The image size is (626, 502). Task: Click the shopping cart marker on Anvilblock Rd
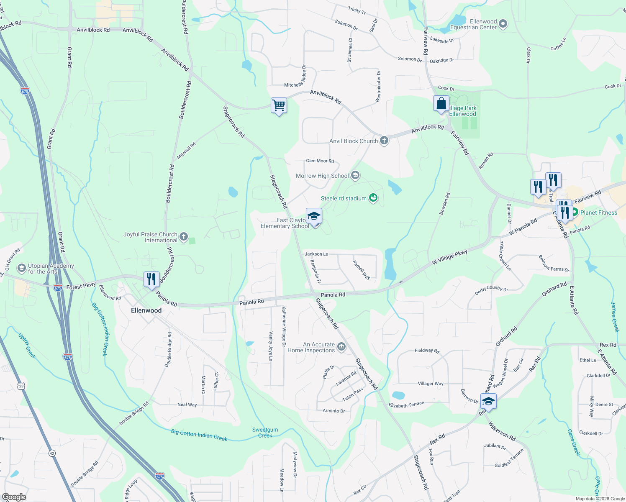[279, 105]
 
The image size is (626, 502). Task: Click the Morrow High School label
[322, 176]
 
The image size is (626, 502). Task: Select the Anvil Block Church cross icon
[384, 141]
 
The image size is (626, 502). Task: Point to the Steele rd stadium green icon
[373, 198]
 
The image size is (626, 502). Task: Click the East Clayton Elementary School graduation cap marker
[314, 216]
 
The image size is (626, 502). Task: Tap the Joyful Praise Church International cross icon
[183, 237]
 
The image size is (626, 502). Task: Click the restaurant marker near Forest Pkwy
[151, 279]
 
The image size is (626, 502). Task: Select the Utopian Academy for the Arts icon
[21, 268]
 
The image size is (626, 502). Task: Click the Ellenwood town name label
[146, 310]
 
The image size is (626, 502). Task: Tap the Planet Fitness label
[598, 213]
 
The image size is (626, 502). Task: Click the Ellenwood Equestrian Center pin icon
[503, 24]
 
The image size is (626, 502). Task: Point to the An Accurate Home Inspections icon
[341, 347]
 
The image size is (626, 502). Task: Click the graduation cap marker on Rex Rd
[488, 401]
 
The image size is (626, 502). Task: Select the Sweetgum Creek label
[265, 433]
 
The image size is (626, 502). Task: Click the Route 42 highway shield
[52, 453]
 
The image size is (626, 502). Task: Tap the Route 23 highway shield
[21, 386]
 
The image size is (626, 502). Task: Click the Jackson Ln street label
[316, 254]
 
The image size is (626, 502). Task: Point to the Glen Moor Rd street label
[320, 161]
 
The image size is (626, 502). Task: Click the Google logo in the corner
[14, 497]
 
